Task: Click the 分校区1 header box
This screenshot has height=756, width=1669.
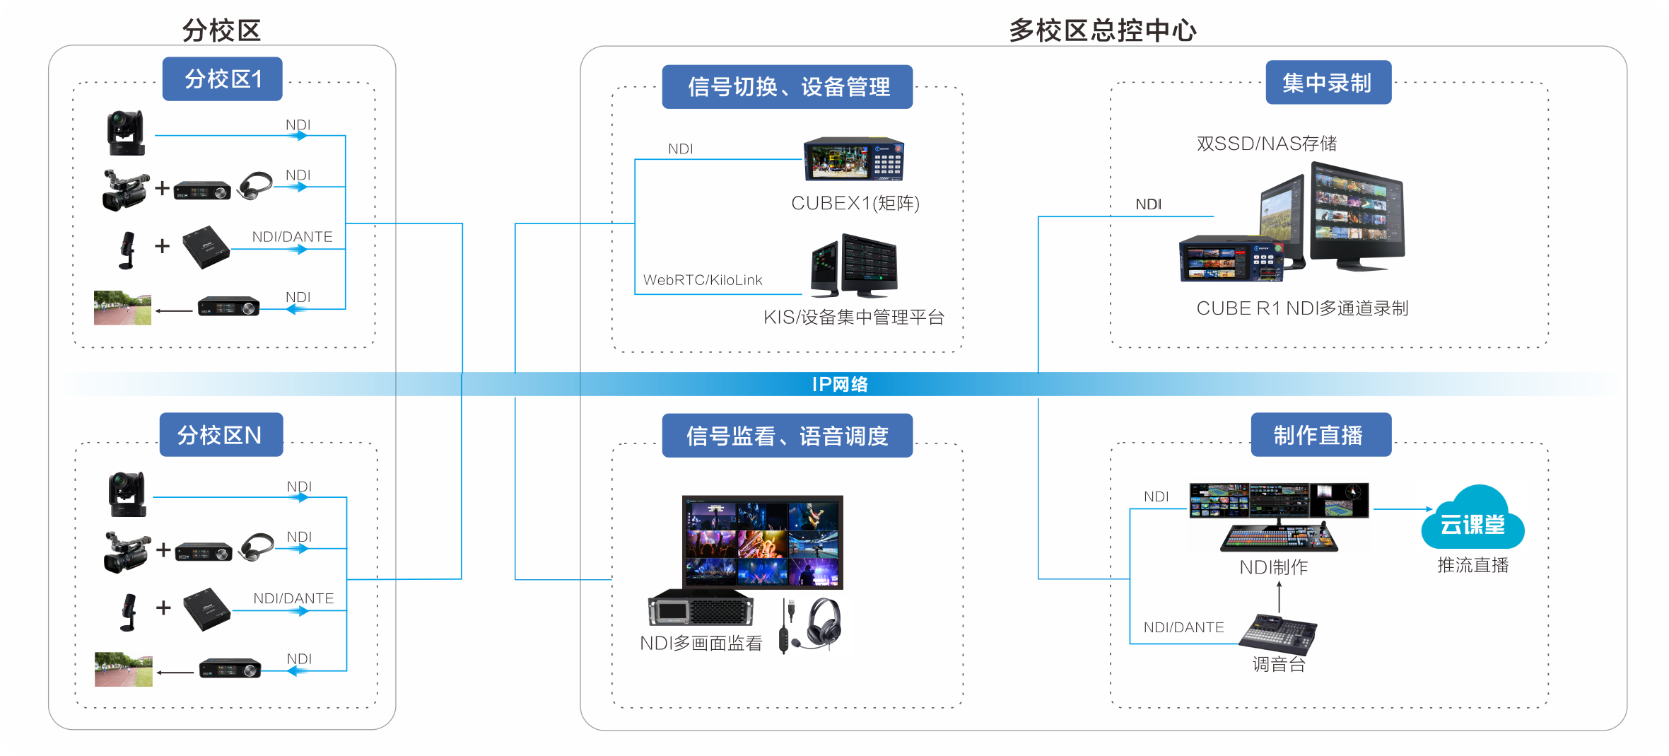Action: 223,79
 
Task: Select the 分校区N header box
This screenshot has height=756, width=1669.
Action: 221,435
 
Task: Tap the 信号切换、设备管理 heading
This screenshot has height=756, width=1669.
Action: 787,87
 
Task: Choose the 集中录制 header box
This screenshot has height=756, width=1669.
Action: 1328,83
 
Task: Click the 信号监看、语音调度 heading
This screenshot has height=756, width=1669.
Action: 787,436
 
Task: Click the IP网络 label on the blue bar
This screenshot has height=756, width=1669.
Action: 839,384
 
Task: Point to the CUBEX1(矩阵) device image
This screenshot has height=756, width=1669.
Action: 853,159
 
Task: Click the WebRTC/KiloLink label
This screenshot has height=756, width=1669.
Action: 703,280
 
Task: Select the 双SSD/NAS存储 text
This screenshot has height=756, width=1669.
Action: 1266,144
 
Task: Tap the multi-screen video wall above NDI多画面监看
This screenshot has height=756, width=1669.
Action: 762,542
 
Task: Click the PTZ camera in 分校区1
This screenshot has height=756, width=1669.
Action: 126,132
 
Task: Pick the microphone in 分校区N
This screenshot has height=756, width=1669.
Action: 128,612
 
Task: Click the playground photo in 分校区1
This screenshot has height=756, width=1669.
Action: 122,308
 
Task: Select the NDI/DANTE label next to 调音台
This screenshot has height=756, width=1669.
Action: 1183,627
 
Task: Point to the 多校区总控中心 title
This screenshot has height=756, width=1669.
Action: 1102,30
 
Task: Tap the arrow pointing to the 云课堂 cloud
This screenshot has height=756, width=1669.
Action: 1402,508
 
